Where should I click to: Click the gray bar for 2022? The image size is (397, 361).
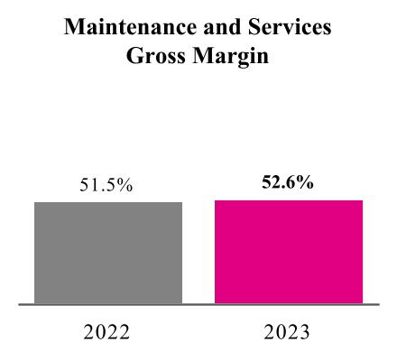coord(108,253)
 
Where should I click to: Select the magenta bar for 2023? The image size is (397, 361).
coord(288,252)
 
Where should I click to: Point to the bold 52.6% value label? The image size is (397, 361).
coord(288,183)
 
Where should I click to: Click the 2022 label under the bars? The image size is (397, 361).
coord(107,331)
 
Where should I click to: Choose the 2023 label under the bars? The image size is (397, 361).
coord(288,331)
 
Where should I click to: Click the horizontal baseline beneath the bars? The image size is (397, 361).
coord(198,305)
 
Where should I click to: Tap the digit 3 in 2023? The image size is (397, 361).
coord(305,331)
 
